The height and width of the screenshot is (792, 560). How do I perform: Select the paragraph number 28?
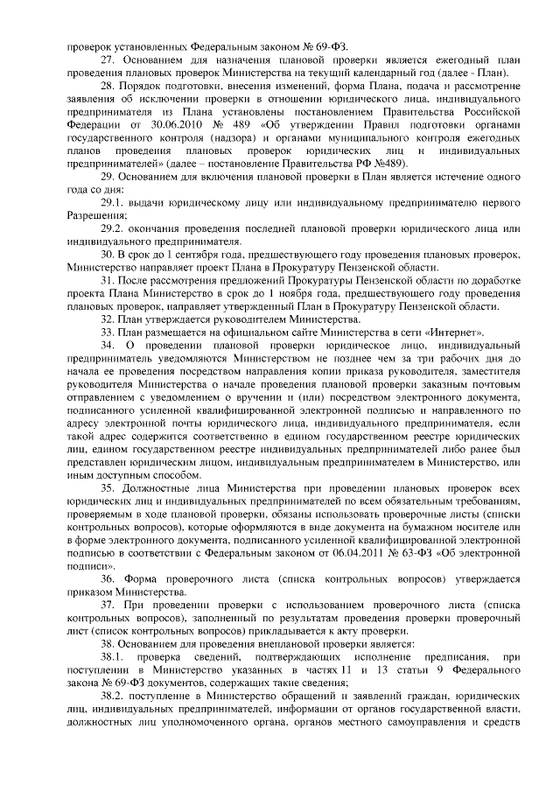pos(108,88)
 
